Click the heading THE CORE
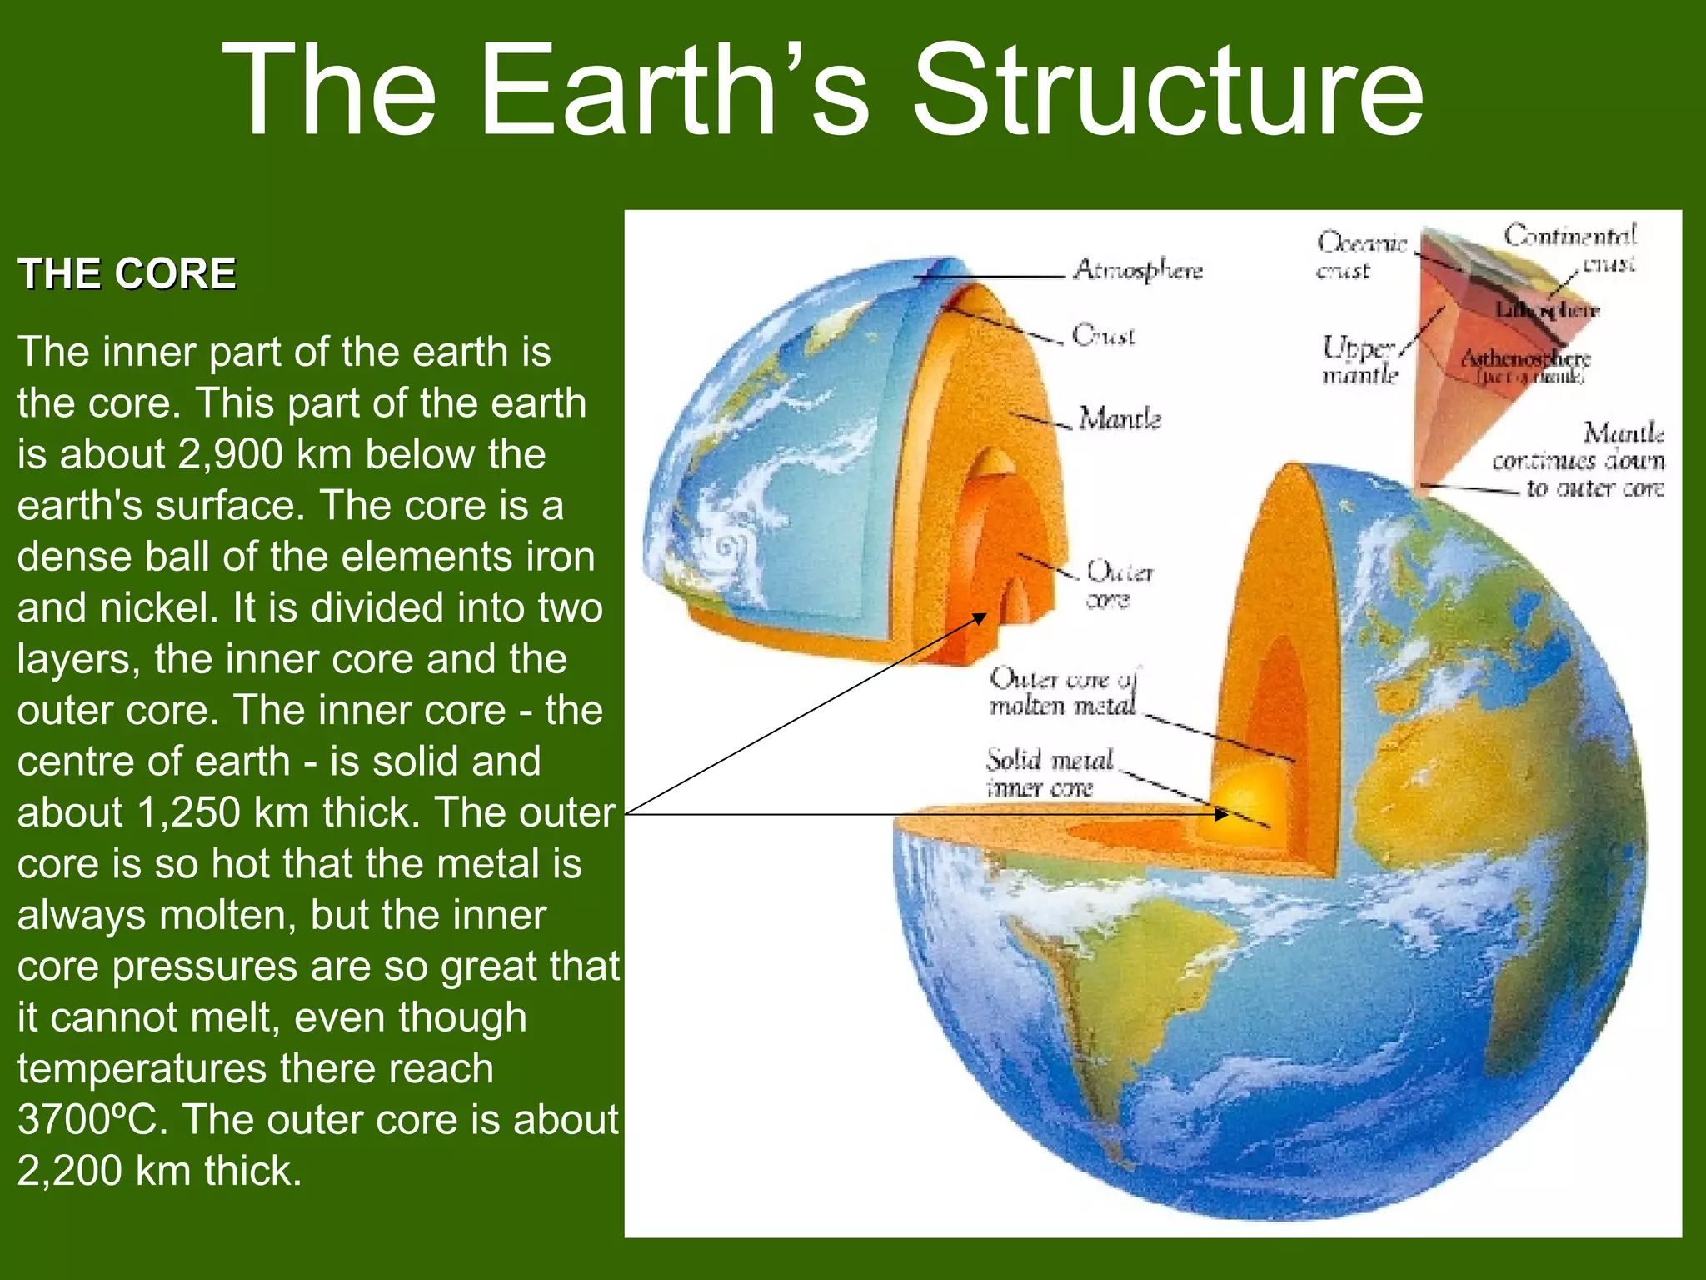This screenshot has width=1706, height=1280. click(x=127, y=273)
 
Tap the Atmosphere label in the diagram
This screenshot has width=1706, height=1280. click(x=1138, y=270)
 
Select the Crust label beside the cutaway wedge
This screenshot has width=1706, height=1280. click(x=1103, y=335)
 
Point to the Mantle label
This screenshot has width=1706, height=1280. click(x=1119, y=418)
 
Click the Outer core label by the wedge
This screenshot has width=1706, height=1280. click(x=1119, y=585)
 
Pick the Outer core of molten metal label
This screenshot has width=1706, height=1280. click(x=1063, y=692)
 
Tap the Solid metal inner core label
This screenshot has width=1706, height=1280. click(x=1048, y=773)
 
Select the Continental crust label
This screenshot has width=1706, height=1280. click(x=1570, y=247)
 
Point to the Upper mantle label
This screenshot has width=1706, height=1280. click(x=1359, y=360)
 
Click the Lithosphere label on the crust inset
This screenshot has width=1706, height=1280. click(x=1548, y=310)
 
